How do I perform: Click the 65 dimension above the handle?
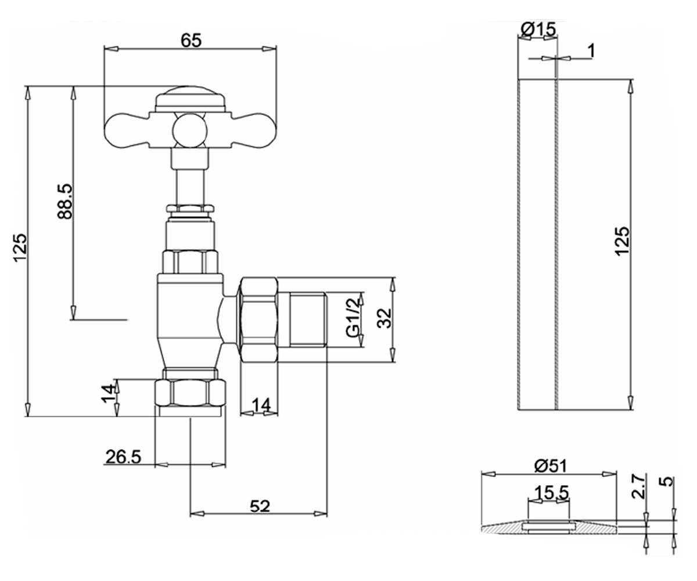[x=191, y=41]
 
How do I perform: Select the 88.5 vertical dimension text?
[x=64, y=201]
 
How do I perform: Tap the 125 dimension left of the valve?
[x=20, y=248]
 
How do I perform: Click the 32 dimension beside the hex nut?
[x=384, y=318]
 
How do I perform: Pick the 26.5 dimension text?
[x=123, y=457]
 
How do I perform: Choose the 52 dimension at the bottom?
[x=260, y=507]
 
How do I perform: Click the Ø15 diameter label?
[x=538, y=30]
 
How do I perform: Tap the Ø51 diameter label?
[x=550, y=466]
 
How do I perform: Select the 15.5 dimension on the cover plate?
[x=551, y=492]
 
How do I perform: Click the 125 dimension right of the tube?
[x=622, y=242]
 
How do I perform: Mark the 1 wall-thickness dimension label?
[x=591, y=51]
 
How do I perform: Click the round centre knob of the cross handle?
[x=189, y=131]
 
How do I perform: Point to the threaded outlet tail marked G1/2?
[x=307, y=320]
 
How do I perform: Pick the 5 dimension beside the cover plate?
[x=665, y=481]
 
